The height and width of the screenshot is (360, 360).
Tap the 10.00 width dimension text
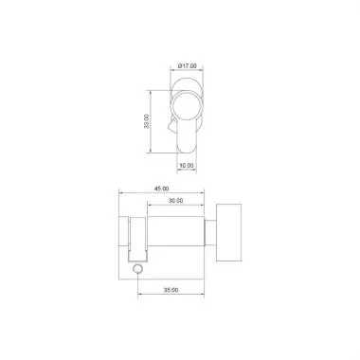(x=186, y=166)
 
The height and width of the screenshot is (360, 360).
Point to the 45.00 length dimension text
(x=161, y=189)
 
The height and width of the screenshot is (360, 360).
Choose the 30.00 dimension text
(x=176, y=201)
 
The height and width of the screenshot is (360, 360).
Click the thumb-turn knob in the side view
(x=229, y=233)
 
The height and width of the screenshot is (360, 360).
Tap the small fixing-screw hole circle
(x=138, y=271)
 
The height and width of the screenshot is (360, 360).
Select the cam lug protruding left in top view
(x=171, y=124)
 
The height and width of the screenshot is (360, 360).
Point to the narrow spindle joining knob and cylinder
(x=211, y=233)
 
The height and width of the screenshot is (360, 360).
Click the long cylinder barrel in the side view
(x=175, y=237)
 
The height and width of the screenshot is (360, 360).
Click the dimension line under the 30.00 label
(x=176, y=207)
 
